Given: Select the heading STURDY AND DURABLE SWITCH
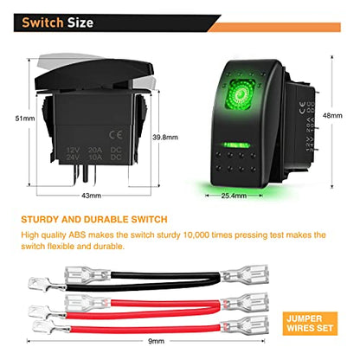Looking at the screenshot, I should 94,220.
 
